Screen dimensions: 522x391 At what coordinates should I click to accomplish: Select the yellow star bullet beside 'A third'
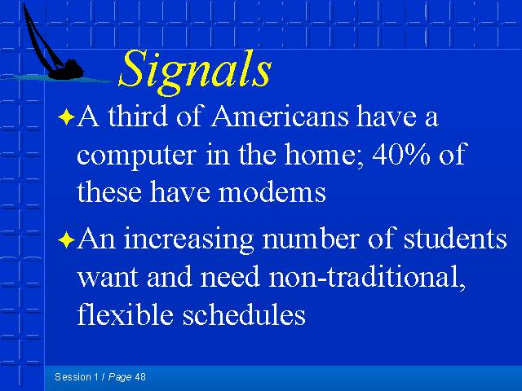tap(66, 117)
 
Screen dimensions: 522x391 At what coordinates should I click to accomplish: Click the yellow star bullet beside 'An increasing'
tap(66, 239)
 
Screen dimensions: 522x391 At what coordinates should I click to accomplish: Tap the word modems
tap(272, 193)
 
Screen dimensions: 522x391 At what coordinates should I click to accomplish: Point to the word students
tap(455, 239)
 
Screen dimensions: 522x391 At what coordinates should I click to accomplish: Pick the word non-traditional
tap(367, 277)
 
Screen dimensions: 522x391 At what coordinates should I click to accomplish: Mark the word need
tap(230, 277)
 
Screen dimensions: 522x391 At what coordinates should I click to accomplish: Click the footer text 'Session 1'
tap(77, 377)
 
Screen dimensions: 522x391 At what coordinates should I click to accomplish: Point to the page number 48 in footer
tap(140, 377)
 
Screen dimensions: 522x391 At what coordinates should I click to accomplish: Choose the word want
tap(107, 277)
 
